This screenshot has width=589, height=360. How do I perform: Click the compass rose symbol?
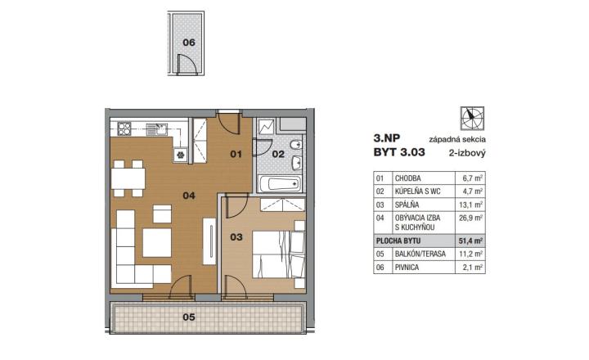pos(472,119)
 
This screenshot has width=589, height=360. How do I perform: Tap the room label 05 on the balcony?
pos(189,317)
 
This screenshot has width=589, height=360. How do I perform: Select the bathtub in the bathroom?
pos(281,184)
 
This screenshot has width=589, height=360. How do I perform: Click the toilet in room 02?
pos(296,144)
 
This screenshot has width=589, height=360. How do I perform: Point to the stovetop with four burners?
pos(124,129)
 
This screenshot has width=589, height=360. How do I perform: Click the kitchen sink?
pos(156,129)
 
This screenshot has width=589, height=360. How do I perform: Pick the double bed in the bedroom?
pos(278,254)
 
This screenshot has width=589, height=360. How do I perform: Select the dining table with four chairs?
pos(128,178)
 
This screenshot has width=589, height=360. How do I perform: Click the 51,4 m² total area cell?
pos(470,241)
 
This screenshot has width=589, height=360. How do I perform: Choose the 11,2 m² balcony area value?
pos(470,254)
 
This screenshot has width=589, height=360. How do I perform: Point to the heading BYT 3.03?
pos(399,152)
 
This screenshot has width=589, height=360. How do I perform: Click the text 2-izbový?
pos(467,153)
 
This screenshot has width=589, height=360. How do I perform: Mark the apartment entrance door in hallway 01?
pos(229,122)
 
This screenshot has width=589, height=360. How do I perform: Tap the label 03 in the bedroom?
pos(236,237)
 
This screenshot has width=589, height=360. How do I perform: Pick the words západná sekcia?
pos(457,139)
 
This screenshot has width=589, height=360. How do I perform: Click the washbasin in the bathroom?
pos(297,164)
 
